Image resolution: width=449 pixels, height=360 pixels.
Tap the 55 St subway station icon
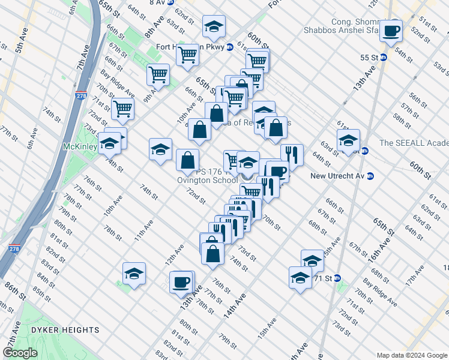(x=384, y=58)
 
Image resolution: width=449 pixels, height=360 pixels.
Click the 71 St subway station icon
(x=337, y=278)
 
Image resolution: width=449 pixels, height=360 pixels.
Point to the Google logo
(x=20, y=353)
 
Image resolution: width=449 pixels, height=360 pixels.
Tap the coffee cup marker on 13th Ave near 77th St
(x=181, y=282)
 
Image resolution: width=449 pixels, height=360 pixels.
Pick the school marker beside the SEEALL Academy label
(x=348, y=141)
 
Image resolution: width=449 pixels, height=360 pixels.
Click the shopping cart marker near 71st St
(x=122, y=109)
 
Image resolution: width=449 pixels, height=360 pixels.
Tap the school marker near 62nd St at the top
(x=212, y=28)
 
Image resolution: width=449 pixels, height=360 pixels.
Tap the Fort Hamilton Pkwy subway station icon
(x=230, y=47)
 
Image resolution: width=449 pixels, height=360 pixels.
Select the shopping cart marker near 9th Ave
(x=158, y=75)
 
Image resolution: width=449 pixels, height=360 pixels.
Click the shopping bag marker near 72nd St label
(x=188, y=160)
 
